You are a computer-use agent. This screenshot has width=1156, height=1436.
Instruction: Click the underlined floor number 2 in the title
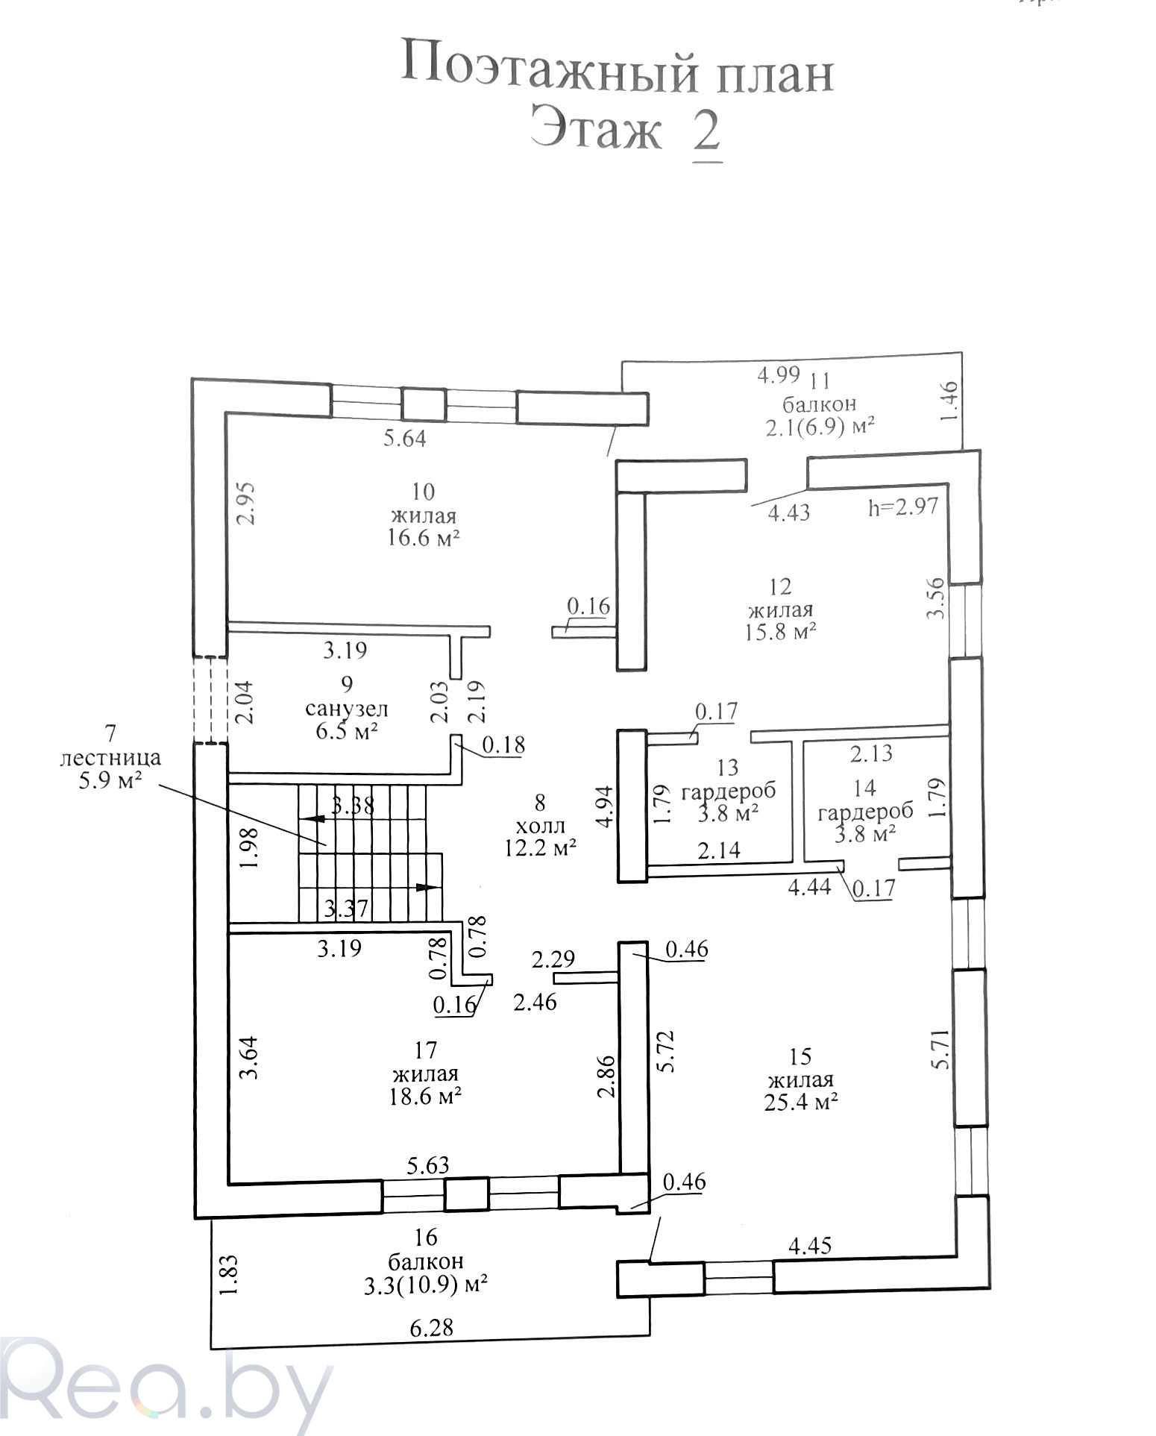coord(706,133)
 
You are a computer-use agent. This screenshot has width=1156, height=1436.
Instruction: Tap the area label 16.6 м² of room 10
coord(423,538)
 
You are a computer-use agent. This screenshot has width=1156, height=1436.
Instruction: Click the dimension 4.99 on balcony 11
coord(779,374)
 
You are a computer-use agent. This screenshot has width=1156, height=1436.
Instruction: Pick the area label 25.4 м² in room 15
coord(800,1103)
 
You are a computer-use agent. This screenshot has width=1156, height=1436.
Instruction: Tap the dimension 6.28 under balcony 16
coord(431,1329)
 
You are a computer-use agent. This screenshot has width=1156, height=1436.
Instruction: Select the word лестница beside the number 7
coord(110,758)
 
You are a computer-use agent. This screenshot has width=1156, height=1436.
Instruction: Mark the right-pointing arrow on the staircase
coord(427,887)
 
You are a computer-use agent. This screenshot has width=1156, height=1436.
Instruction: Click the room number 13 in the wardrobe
coord(727,767)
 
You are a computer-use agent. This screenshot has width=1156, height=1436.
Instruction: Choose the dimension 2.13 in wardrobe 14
coord(871,753)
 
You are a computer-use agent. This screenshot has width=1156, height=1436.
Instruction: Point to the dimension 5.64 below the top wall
coord(404,438)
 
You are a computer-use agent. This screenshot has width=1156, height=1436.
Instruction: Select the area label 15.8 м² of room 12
coord(781,632)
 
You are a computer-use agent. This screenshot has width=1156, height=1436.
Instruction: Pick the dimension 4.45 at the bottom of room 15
coord(809,1245)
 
